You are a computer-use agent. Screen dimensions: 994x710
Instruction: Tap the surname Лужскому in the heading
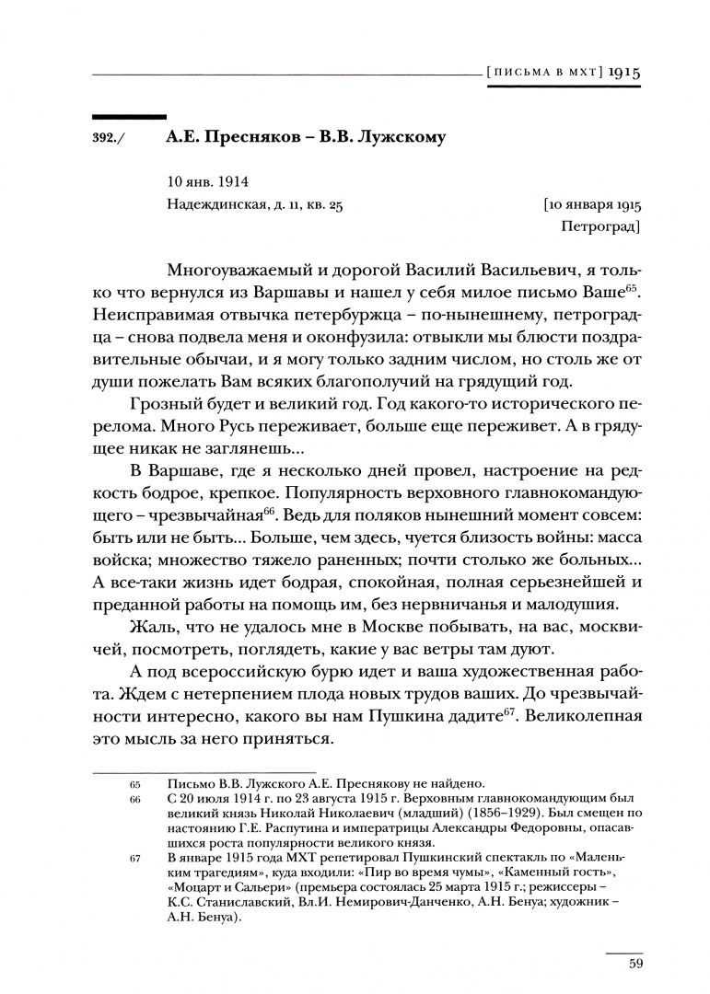click(x=402, y=137)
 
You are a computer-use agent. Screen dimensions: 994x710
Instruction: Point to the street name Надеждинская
click(x=215, y=205)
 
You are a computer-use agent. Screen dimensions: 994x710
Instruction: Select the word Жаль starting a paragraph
click(x=150, y=629)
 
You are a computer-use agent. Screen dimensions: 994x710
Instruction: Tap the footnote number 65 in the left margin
click(x=135, y=784)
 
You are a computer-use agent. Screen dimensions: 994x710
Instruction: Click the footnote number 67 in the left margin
click(x=135, y=859)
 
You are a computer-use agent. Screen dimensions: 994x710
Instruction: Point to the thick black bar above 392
click(x=129, y=116)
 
